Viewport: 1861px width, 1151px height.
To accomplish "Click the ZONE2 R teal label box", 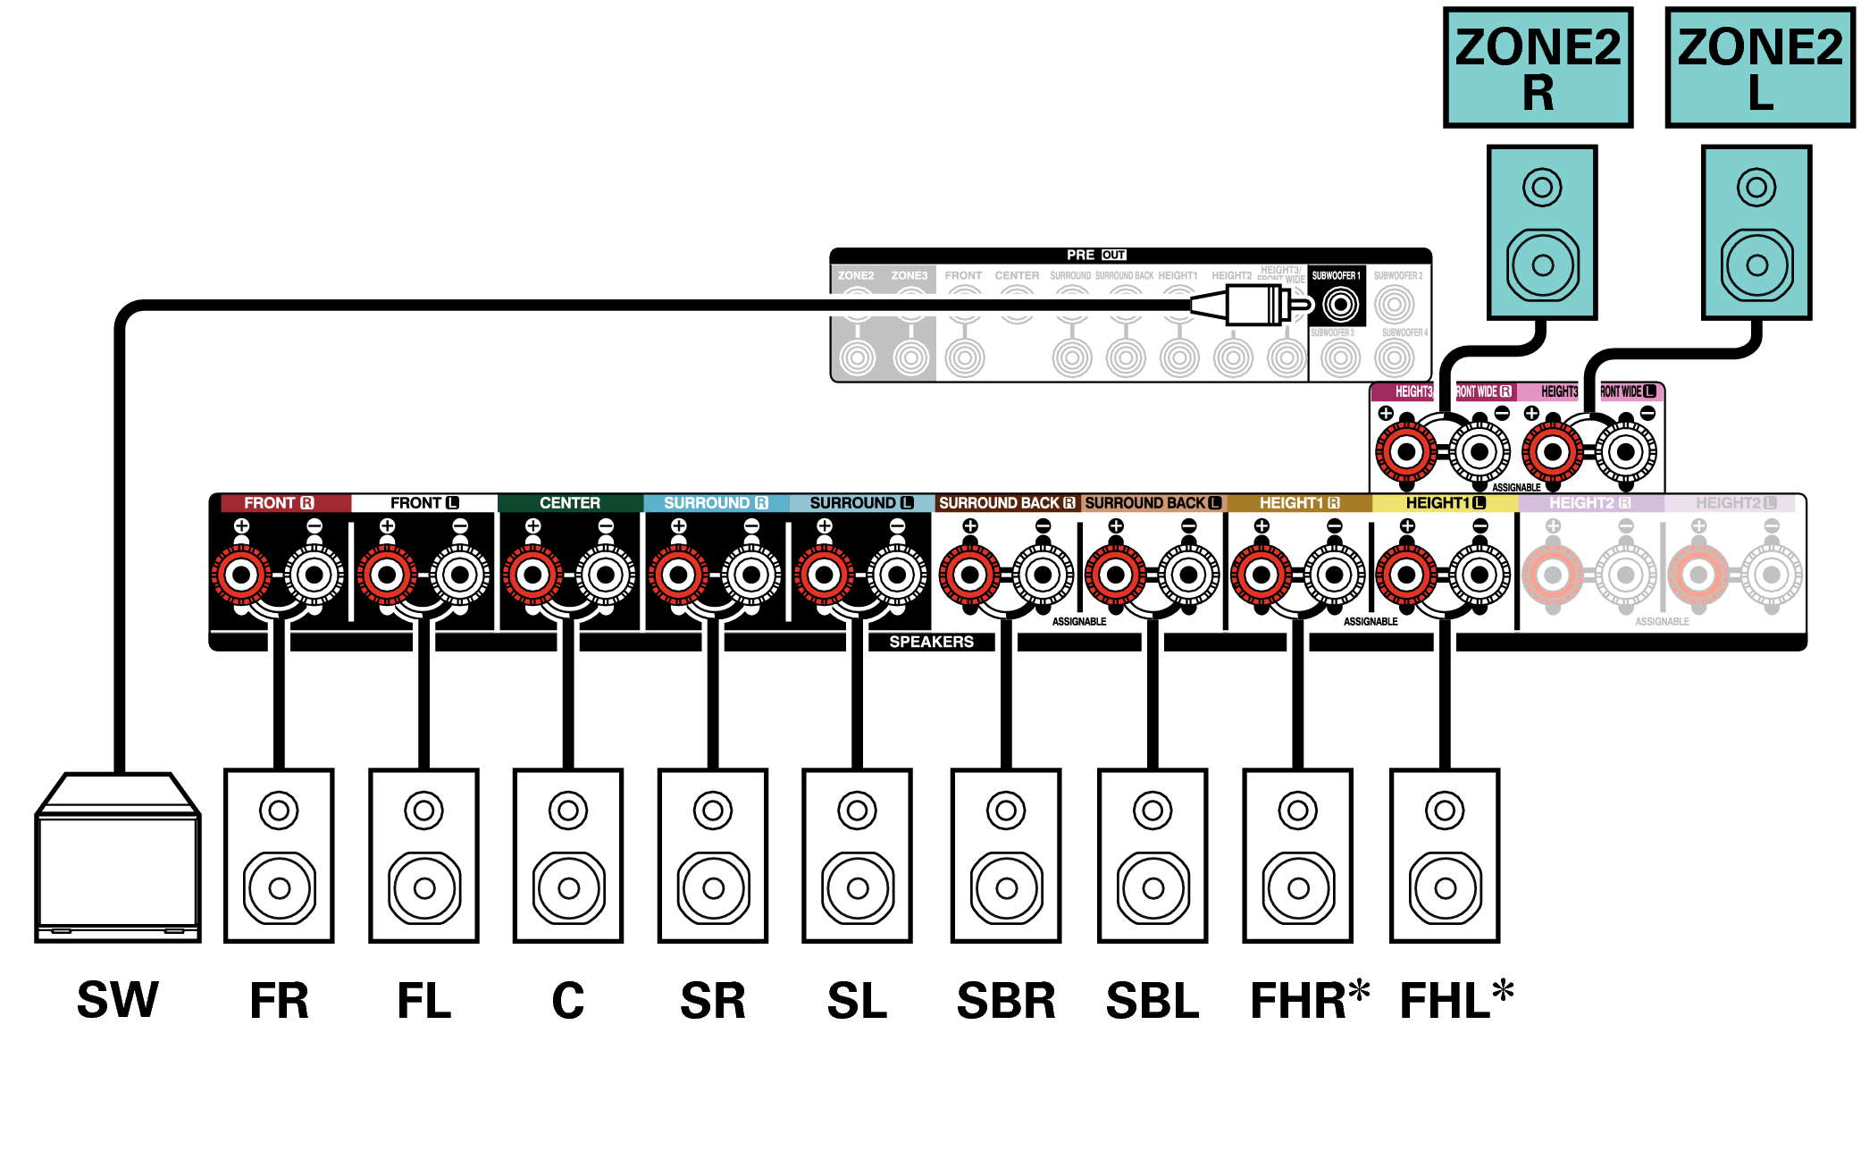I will [x=1537, y=68].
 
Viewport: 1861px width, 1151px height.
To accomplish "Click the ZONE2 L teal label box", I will [x=1759, y=68].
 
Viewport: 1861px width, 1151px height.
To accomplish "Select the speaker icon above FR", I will [x=279, y=855].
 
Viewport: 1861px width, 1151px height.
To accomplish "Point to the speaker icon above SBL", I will [x=1153, y=855].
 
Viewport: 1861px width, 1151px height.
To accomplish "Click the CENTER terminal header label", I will [x=569, y=503].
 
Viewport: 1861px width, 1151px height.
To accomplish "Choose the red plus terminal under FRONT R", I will [x=241, y=575].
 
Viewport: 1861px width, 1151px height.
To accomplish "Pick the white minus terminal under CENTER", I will [x=606, y=575].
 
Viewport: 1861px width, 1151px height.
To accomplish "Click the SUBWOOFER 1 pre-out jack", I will [x=1340, y=305].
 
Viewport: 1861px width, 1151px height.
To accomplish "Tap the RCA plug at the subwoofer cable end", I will [x=1255, y=306].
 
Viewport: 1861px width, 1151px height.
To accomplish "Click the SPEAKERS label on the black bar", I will [x=931, y=642].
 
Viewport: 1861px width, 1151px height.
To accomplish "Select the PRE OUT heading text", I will [x=1095, y=255].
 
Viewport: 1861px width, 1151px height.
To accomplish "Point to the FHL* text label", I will [x=1455, y=1000].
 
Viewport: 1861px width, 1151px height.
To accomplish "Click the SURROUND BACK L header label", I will [x=1152, y=503].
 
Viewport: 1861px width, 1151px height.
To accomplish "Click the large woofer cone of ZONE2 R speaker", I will [x=1542, y=265].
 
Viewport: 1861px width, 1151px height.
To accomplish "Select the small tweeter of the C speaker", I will [x=568, y=811].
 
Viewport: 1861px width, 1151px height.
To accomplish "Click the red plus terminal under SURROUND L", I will [x=825, y=575].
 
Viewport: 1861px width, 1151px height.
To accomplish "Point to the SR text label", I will [x=712, y=1000].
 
